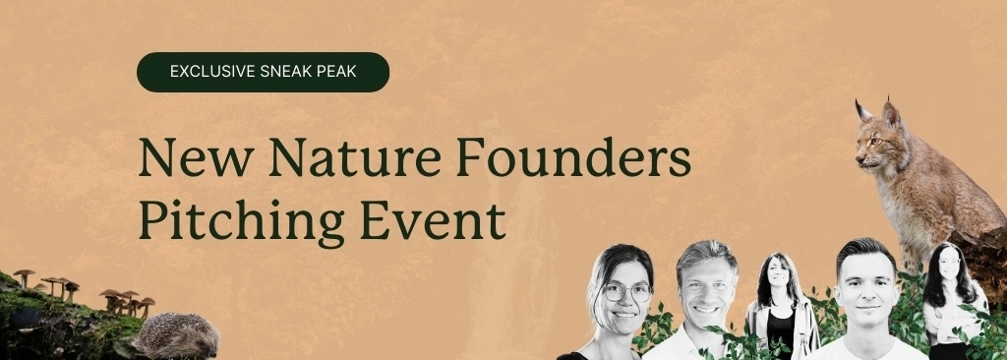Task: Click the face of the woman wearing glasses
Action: coord(622,295)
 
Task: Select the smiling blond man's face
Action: coord(705,284)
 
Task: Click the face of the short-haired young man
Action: coord(866,284)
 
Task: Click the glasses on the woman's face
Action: coord(626,293)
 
